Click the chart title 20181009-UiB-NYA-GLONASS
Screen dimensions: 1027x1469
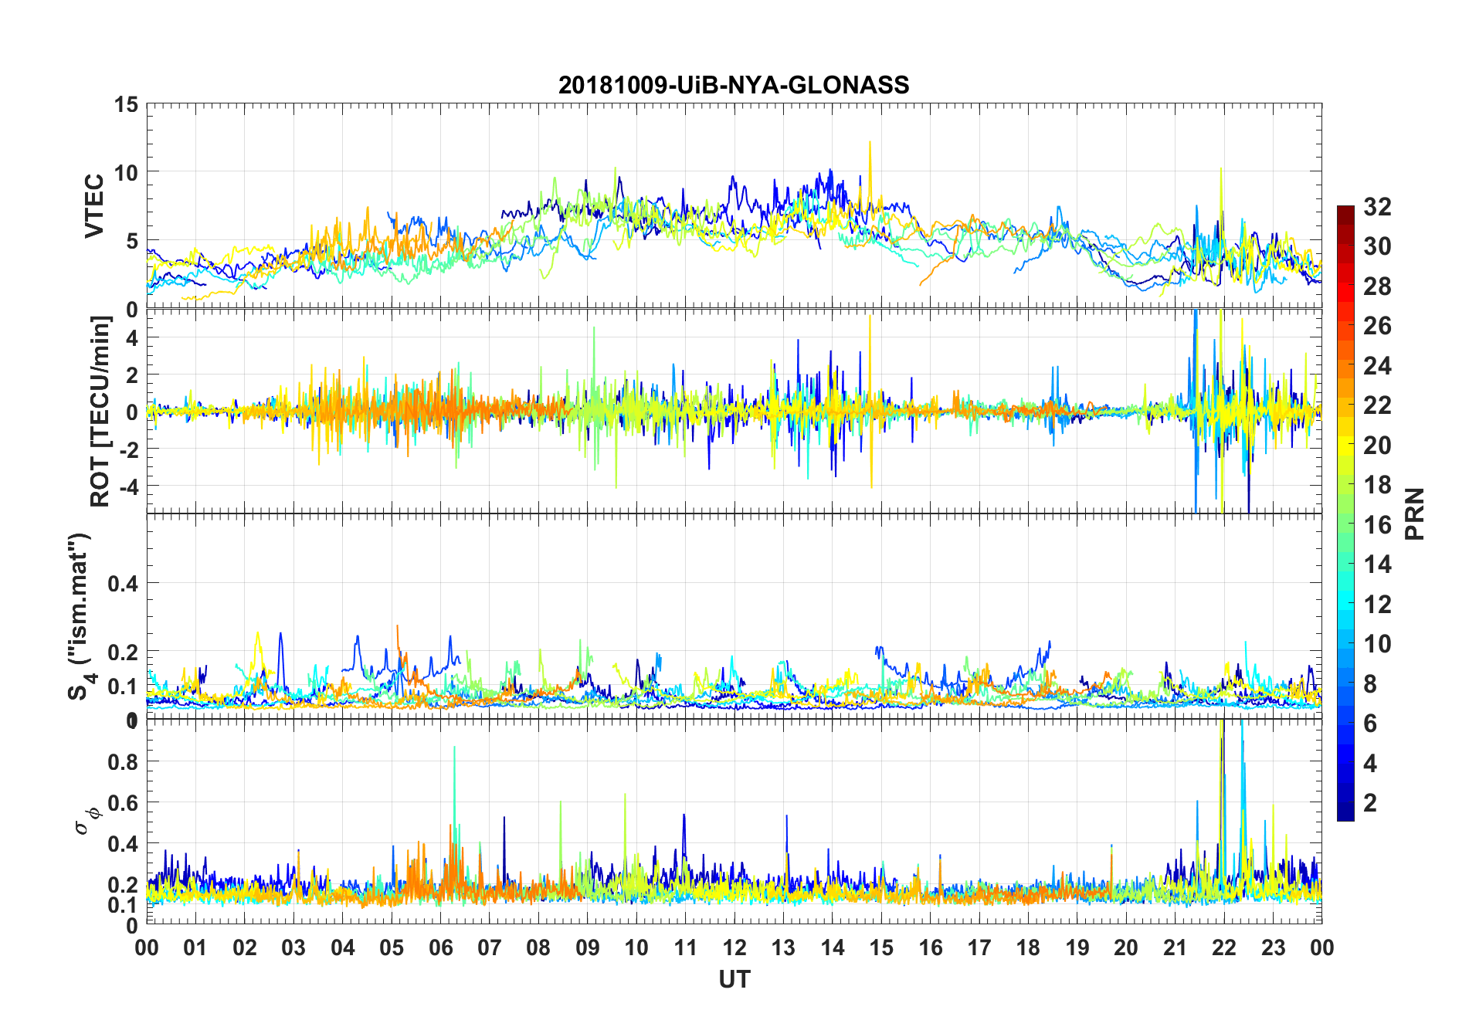coord(734,85)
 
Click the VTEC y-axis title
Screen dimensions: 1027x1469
coord(94,206)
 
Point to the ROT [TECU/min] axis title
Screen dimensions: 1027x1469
coord(100,411)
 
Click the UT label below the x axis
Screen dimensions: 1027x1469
coord(734,979)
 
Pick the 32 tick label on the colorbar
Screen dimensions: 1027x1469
coord(1377,207)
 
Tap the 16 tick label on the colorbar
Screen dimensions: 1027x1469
coord(1377,525)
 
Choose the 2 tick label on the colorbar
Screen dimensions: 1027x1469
coord(1370,803)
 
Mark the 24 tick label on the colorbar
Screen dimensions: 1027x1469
coord(1377,366)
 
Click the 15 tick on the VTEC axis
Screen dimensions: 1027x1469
coord(126,105)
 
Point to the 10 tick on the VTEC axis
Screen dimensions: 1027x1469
coord(126,173)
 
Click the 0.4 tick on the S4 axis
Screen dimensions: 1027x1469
coord(123,584)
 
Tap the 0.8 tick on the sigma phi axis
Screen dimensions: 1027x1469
coord(123,762)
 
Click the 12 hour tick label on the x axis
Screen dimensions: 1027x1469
coord(734,948)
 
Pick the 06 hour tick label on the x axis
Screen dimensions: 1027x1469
coord(440,948)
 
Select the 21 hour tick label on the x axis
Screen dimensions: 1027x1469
coord(1175,948)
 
